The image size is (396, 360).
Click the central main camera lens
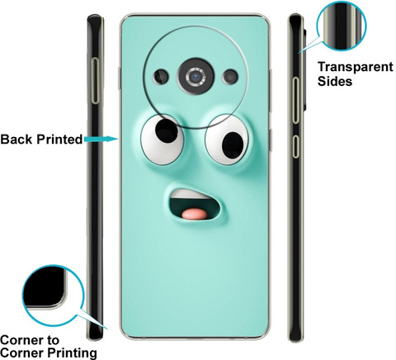point(196,76)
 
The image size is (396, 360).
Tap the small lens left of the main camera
point(162,76)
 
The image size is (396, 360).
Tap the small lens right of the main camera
point(230,77)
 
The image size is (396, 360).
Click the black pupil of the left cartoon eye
point(167,130)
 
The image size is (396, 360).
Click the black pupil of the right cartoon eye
point(233,145)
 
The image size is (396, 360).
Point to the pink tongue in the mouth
point(195,214)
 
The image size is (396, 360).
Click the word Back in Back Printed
point(16,140)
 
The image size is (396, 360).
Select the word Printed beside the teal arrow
point(59,140)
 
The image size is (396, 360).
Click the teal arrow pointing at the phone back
point(101,139)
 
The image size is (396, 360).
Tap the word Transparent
point(356,67)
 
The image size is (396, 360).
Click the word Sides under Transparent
point(335,81)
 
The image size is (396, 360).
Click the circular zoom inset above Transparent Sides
point(342,26)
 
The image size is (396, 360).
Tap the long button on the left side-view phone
point(96,81)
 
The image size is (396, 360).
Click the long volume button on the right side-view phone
point(295,100)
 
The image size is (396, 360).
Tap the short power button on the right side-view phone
point(295,146)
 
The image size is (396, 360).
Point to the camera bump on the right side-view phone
point(305,69)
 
